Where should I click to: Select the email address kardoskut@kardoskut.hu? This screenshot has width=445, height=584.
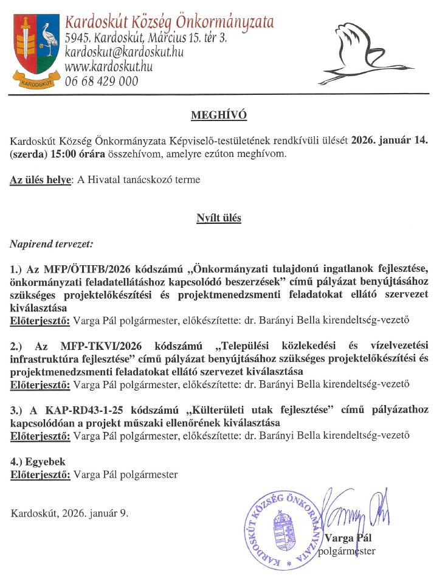coord(124,52)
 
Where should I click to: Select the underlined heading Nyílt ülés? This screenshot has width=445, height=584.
coord(219,218)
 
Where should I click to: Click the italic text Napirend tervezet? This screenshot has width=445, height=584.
coord(51,244)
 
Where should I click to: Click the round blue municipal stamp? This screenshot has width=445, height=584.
coord(281,529)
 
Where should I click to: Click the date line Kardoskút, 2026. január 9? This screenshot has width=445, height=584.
coord(69,513)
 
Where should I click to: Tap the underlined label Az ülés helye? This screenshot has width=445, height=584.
coord(41,180)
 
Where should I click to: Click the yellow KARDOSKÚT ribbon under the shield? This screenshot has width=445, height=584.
coord(35,79)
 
